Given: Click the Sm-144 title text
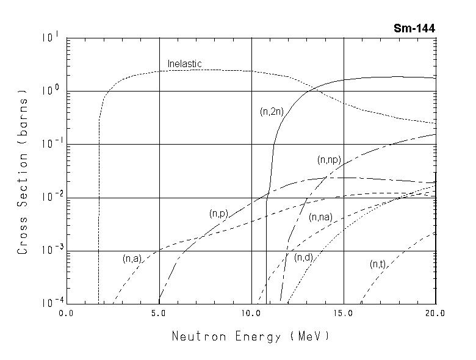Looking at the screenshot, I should pyautogui.click(x=414, y=28).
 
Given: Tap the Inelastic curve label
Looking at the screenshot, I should pyautogui.click(x=184, y=63).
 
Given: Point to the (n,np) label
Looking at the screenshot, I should pyautogui.click(x=329, y=160).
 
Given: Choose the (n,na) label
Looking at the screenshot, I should pyautogui.click(x=320, y=217).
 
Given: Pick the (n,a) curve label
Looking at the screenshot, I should pyautogui.click(x=132, y=259).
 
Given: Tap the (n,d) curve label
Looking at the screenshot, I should pyautogui.click(x=303, y=257).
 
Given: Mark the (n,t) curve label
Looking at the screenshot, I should pyautogui.click(x=378, y=264).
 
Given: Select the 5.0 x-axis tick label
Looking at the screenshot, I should pyautogui.click(x=159, y=312).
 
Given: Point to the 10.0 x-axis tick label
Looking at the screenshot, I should pyautogui.click(x=251, y=312).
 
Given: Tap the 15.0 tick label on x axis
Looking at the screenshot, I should pyautogui.click(x=344, y=312).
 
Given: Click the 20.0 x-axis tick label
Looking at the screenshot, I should pyautogui.click(x=436, y=312).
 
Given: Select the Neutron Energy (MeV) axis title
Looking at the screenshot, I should pyautogui.click(x=251, y=336).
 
